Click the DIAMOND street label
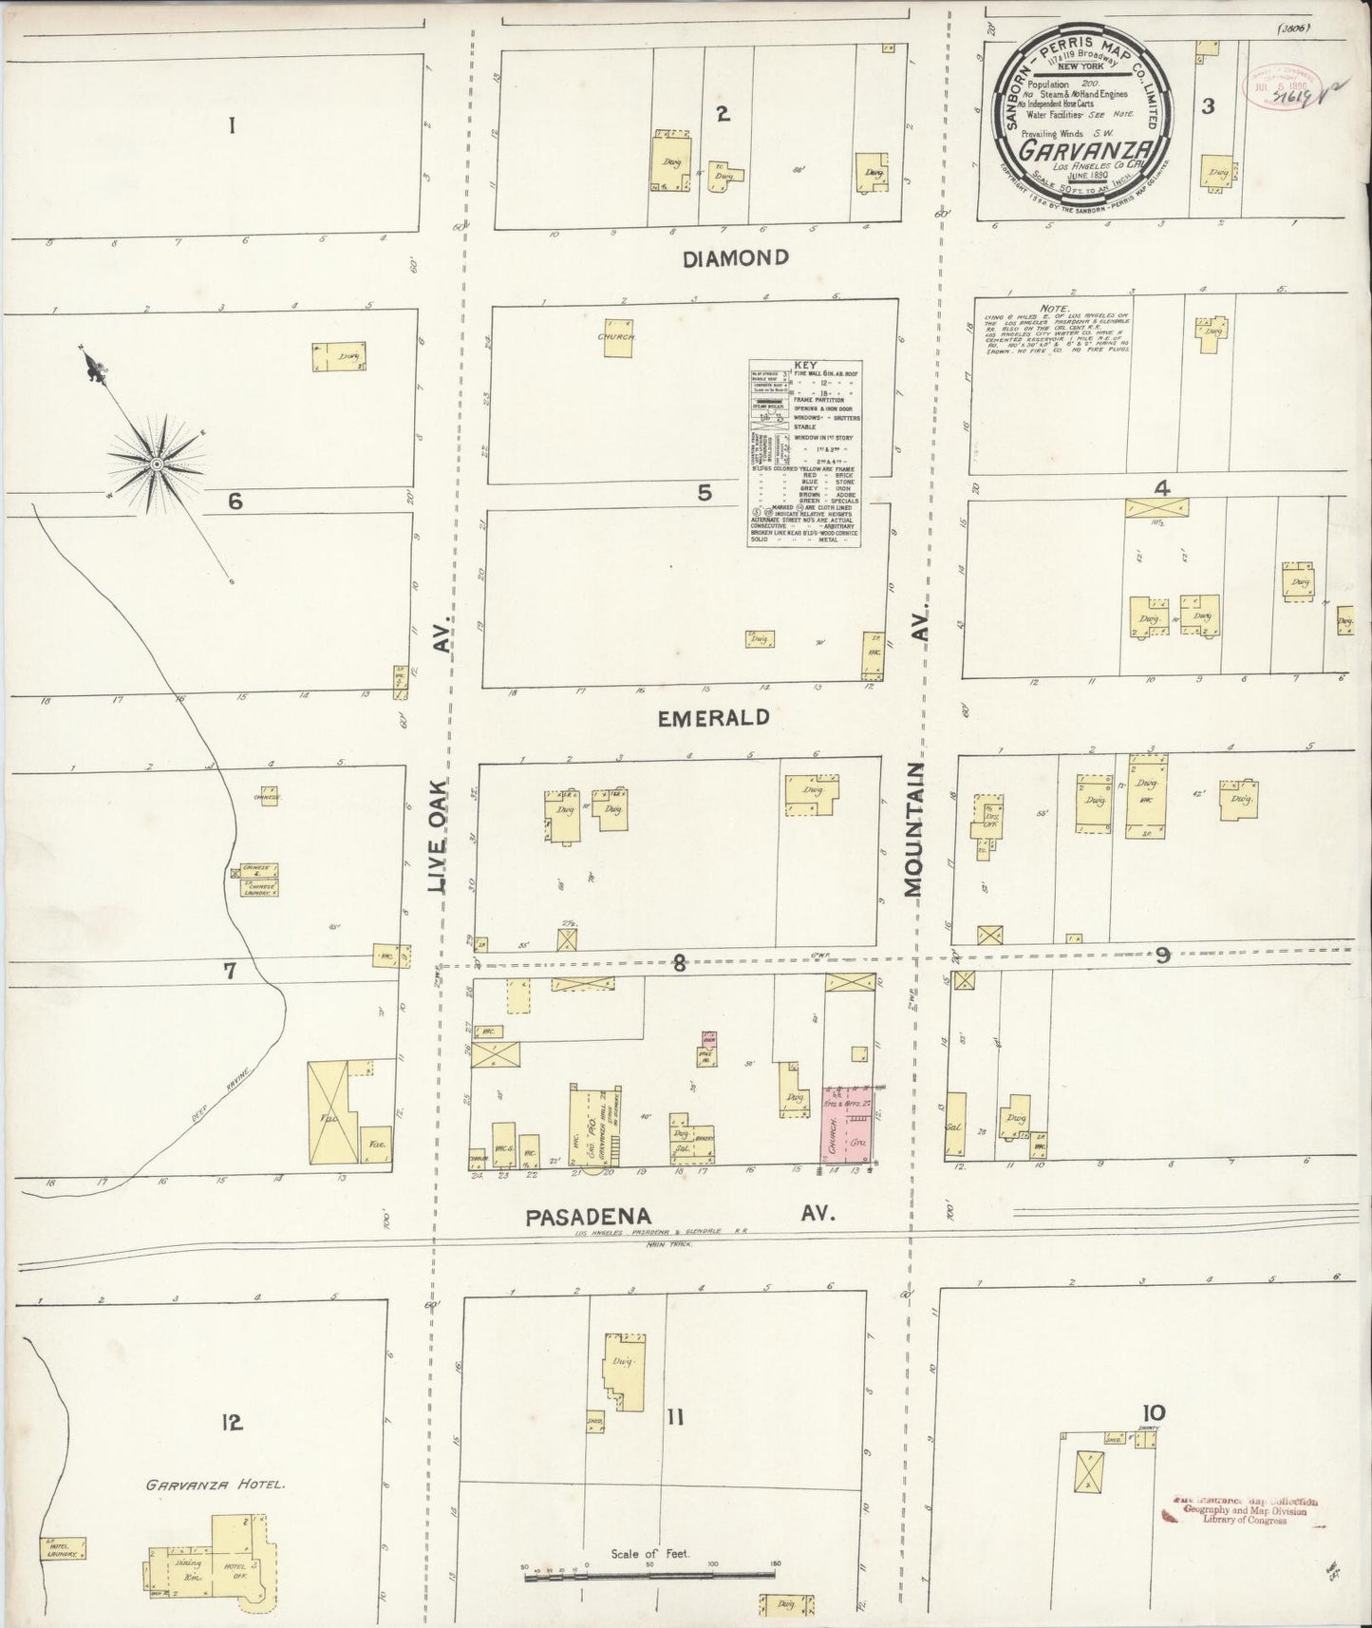coord(736,257)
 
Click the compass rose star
coord(155,463)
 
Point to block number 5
coord(704,492)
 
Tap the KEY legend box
coord(805,452)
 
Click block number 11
coord(674,1418)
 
